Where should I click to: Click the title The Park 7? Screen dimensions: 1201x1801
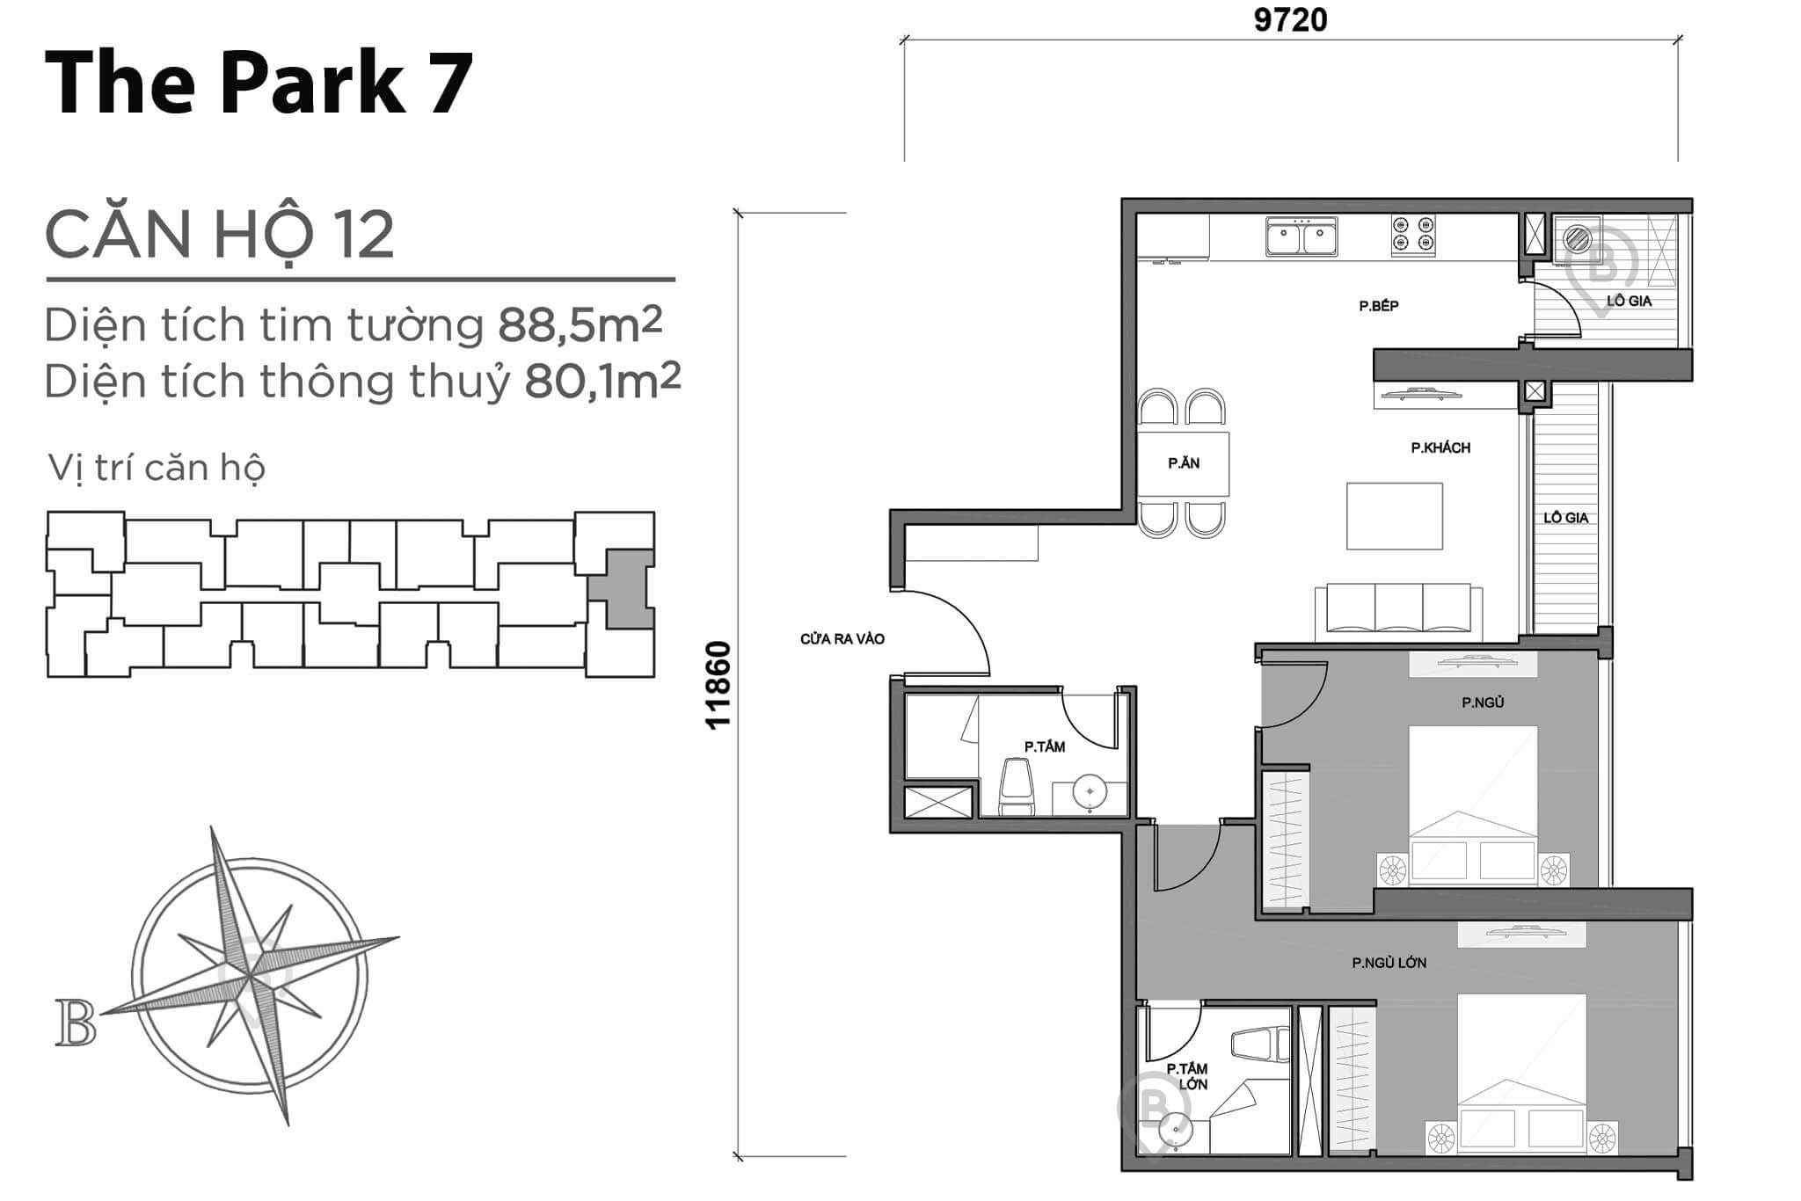tap(259, 83)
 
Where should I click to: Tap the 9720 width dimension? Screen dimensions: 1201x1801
tap(1290, 19)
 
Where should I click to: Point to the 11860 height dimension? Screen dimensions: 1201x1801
tap(718, 685)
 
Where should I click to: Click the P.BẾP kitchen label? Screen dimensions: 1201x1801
tap(1378, 306)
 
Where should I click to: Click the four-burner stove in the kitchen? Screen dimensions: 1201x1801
tap(1413, 236)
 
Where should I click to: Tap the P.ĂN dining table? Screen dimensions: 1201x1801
tap(1183, 463)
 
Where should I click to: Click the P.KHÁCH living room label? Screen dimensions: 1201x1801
tap(1440, 448)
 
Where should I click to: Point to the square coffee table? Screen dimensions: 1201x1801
tap(1395, 516)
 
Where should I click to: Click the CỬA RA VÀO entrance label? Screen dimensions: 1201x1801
tap(842, 639)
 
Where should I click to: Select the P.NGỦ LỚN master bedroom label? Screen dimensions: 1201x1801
tap(1389, 963)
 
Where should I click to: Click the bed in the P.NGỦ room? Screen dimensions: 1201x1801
tap(1473, 804)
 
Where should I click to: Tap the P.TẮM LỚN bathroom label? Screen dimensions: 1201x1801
tap(1187, 1076)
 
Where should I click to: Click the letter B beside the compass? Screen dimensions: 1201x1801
tap(76, 1023)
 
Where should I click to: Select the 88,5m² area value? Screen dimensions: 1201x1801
tap(580, 324)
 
